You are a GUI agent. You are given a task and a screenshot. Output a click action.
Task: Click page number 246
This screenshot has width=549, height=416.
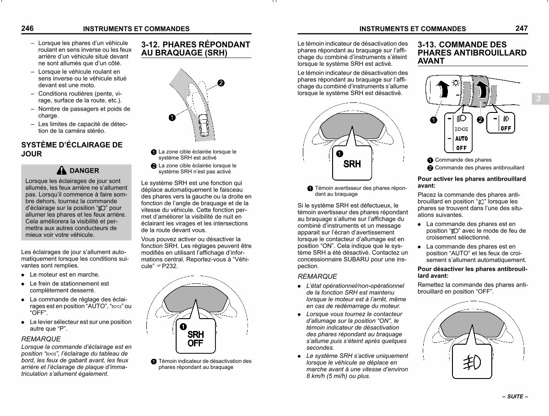pos(27,28)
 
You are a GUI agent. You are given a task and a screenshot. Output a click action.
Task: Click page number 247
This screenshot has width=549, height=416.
pos(522,28)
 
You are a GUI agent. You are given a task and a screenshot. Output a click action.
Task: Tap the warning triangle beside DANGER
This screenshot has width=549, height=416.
pos(61,171)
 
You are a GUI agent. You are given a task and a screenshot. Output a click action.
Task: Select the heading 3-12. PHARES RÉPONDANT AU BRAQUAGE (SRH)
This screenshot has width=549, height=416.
pos(196,48)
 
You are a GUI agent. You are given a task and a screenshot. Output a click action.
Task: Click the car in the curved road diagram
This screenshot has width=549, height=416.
pos(204,125)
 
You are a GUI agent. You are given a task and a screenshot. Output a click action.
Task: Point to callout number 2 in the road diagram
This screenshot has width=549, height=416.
pos(221,83)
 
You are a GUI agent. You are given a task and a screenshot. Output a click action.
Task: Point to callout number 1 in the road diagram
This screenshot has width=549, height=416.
pos(172,117)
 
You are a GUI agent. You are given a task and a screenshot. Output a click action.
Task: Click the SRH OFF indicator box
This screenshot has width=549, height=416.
pos(196,336)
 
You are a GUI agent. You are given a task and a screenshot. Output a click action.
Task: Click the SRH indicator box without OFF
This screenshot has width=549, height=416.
pos(352,163)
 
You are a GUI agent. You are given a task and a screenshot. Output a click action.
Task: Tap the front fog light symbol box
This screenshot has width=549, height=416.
pos(472,361)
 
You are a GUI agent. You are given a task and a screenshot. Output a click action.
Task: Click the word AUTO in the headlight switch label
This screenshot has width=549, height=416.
pos(461,139)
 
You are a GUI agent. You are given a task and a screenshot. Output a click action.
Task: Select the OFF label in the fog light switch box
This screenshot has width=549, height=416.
pos(506,128)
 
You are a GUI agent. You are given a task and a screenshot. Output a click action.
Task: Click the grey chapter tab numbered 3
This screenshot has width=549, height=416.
pos(540,99)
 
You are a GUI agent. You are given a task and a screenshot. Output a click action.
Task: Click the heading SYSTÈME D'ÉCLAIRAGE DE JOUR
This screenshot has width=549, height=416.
pos(72,149)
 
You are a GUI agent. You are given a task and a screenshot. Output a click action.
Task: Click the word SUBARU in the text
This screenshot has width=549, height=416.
pos(356,259)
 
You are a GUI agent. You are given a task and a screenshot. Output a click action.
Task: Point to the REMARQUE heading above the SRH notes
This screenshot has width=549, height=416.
pos(317,276)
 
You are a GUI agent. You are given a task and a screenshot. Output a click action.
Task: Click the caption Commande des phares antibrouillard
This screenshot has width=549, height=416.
pos(479,168)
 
